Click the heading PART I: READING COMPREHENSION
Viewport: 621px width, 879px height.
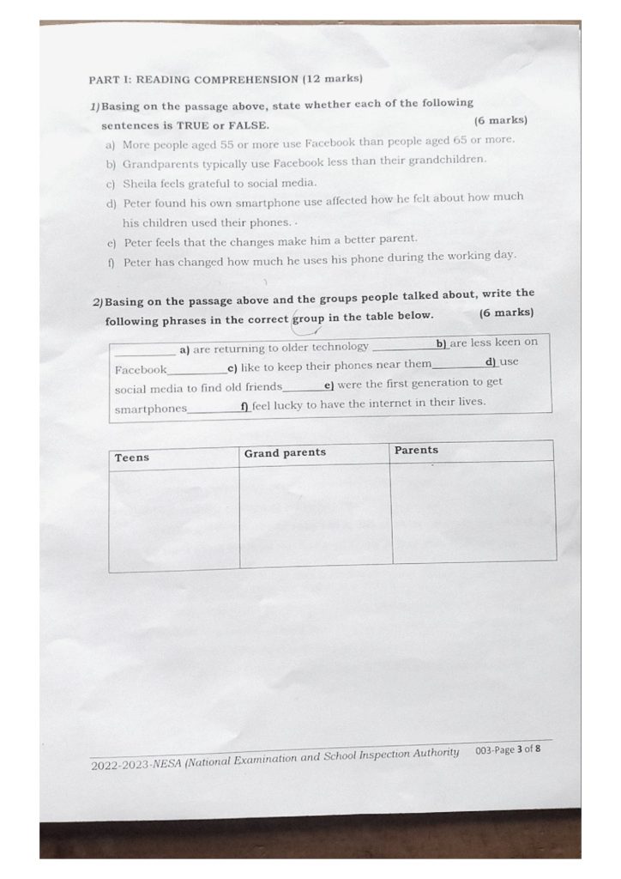tap(226, 80)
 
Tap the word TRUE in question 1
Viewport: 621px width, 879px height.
tap(193, 125)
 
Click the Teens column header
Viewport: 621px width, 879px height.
tap(132, 458)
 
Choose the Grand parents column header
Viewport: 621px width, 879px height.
tap(285, 452)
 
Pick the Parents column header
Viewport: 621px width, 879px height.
tap(416, 450)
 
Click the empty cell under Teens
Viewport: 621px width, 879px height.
tap(174, 518)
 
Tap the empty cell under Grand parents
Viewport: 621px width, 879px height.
tap(315, 515)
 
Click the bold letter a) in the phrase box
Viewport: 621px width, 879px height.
tap(184, 349)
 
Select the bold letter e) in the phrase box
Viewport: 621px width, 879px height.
tap(329, 385)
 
